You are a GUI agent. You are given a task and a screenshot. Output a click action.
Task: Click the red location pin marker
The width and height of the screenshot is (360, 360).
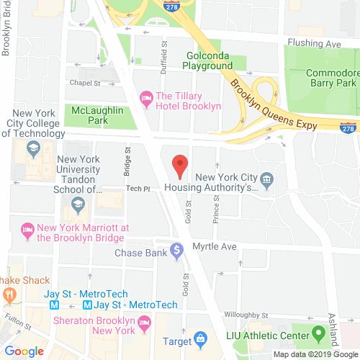click(x=179, y=166)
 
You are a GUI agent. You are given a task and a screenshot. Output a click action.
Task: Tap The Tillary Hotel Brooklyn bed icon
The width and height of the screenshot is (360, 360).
click(x=145, y=96)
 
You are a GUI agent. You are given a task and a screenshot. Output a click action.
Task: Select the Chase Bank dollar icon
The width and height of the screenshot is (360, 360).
click(x=176, y=251)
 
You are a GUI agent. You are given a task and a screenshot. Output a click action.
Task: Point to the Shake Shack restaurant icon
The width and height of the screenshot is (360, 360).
click(x=9, y=295)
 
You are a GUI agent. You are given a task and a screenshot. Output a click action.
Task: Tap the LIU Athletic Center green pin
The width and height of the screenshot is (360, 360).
click(x=318, y=335)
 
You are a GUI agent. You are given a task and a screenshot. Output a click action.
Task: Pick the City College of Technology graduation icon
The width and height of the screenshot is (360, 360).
click(x=33, y=148)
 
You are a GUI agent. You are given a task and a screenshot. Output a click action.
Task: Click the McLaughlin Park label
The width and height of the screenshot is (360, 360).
click(x=94, y=115)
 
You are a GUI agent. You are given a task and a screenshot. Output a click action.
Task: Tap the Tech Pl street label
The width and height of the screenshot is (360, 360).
click(x=137, y=189)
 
